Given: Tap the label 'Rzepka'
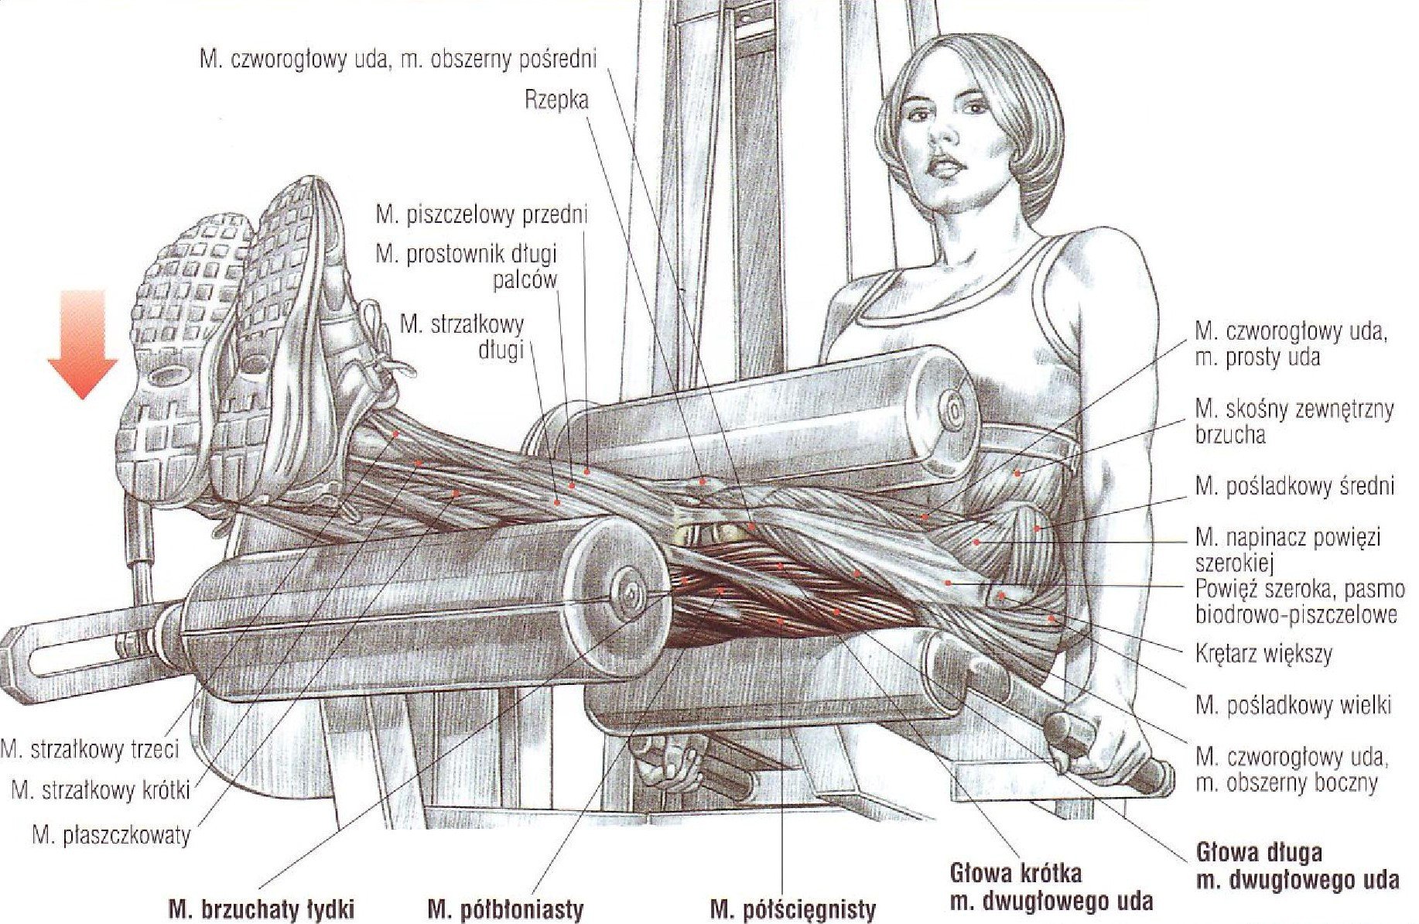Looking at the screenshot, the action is click(556, 101).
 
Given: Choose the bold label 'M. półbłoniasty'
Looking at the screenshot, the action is click(504, 909).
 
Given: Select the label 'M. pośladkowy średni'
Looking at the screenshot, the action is click(1294, 486).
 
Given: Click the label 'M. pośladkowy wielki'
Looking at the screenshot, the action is click(1293, 705).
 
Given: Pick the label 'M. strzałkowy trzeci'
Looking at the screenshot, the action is click(90, 749).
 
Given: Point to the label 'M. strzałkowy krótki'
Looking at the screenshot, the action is click(101, 791).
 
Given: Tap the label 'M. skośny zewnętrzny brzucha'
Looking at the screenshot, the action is click(1294, 422).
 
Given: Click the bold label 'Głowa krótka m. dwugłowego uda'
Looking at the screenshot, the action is click(1051, 888).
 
